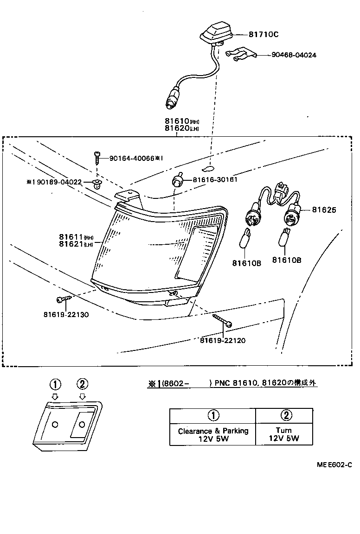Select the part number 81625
click(x=324, y=210)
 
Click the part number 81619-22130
click(x=66, y=314)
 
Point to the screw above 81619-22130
click(x=64, y=299)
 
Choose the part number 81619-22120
click(x=223, y=340)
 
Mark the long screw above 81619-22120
click(x=222, y=320)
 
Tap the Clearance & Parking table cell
click(x=213, y=434)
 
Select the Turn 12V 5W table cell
click(x=283, y=434)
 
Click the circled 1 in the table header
click(x=213, y=415)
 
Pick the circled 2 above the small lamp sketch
click(x=82, y=384)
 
